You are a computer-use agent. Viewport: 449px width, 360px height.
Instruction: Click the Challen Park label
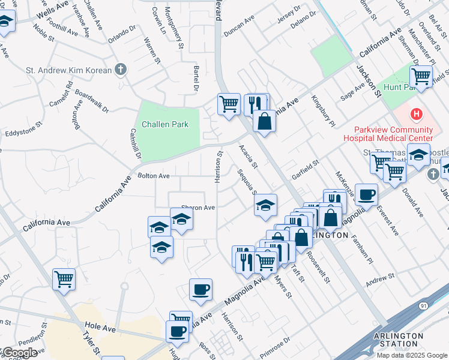click(x=165, y=125)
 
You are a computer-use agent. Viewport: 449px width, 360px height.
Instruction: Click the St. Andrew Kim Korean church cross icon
click(x=121, y=70)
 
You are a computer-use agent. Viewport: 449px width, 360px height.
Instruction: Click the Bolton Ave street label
click(x=154, y=176)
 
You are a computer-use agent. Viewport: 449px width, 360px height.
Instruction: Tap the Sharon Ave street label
click(x=198, y=208)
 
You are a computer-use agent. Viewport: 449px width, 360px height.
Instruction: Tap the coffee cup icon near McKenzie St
click(x=366, y=194)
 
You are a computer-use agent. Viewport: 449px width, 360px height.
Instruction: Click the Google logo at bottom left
click(x=19, y=353)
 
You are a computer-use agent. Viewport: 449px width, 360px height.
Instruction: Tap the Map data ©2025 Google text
click(x=411, y=355)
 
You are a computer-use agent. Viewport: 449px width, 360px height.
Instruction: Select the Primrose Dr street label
click(x=275, y=340)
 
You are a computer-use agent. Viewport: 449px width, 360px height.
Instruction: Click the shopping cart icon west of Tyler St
click(x=64, y=278)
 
